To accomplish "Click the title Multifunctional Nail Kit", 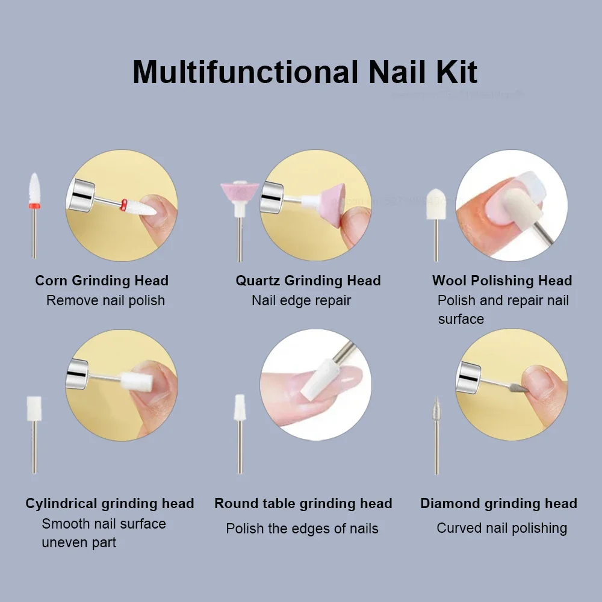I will (305, 72).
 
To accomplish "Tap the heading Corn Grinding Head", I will (102, 281).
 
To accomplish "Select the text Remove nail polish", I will (105, 300).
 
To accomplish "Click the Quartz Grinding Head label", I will (308, 281).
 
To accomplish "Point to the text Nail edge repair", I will (301, 300).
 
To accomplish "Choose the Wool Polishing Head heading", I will (502, 281).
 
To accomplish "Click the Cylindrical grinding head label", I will (110, 503).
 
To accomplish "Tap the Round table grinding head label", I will (303, 503).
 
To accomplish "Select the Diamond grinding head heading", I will (498, 503).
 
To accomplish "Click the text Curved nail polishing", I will (501, 528).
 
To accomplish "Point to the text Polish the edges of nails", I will (302, 529).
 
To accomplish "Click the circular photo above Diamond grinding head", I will (512, 385).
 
